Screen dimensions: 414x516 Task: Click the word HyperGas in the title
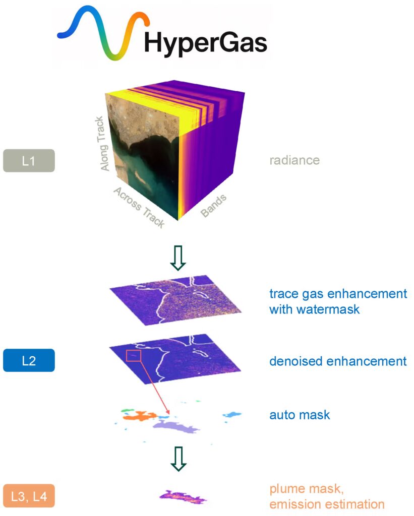click(206, 43)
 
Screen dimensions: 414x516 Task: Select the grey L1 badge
click(29, 161)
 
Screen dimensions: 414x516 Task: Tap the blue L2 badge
click(29, 360)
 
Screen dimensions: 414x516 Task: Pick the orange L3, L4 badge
click(29, 496)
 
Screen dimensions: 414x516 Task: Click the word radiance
click(294, 160)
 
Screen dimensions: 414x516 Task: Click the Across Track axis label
click(139, 207)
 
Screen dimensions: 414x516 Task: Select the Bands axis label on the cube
click(213, 206)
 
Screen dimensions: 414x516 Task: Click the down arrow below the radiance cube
click(178, 258)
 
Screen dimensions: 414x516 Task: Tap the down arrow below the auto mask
click(179, 459)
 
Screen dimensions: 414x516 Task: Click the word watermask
click(315, 309)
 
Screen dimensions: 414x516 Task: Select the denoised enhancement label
click(338, 361)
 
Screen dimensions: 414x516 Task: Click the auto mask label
click(300, 415)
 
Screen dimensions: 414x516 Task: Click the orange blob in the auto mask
click(140, 416)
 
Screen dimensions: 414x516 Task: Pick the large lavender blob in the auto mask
click(176, 426)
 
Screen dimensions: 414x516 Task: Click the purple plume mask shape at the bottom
click(183, 496)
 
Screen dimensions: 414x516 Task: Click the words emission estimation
click(327, 504)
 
